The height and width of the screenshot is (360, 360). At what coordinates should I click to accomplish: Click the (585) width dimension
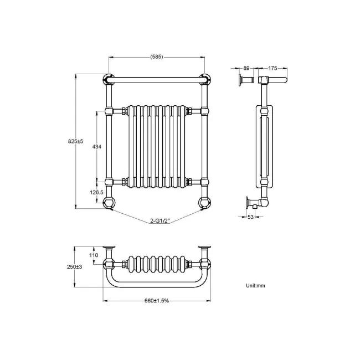pyautogui.click(x=156, y=56)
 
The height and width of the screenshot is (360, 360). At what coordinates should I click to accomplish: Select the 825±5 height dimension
pyautogui.click(x=75, y=142)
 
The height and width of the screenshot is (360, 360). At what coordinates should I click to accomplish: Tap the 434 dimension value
pyautogui.click(x=96, y=147)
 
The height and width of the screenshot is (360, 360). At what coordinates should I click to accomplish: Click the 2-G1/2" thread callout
pyautogui.click(x=159, y=221)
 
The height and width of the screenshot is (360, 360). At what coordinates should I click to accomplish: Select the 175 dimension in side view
pyautogui.click(x=272, y=68)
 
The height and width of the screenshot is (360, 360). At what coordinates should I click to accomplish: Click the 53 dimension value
pyautogui.click(x=250, y=217)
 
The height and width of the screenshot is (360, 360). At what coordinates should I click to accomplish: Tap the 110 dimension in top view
pyautogui.click(x=93, y=255)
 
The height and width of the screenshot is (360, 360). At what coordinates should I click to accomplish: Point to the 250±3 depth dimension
pyautogui.click(x=75, y=266)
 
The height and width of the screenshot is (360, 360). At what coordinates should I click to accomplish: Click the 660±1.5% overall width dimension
pyautogui.click(x=156, y=301)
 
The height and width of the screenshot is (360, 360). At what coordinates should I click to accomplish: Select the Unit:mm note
pyautogui.click(x=256, y=286)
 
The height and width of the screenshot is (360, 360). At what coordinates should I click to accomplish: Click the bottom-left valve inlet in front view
pyautogui.click(x=109, y=203)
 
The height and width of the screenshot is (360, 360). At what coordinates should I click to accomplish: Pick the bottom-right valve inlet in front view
pyautogui.click(x=204, y=203)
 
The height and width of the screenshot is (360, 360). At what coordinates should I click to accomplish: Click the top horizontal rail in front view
pyautogui.click(x=157, y=80)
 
